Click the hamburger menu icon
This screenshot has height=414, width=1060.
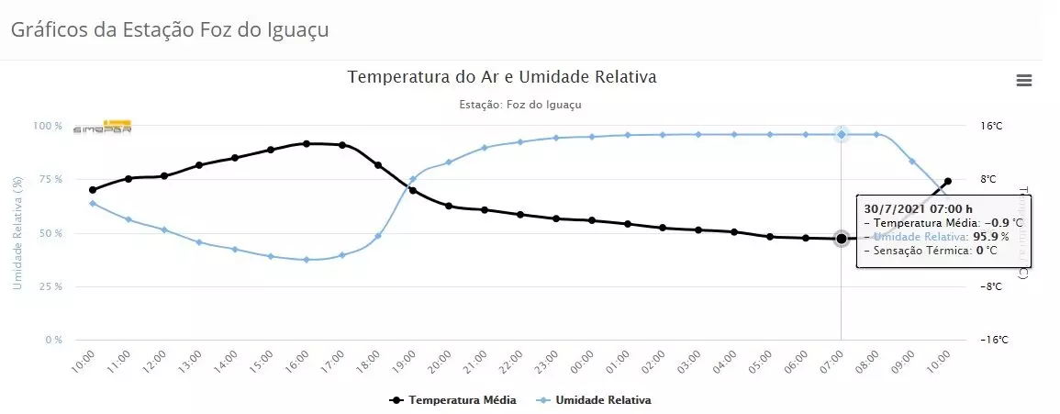click(1024, 81)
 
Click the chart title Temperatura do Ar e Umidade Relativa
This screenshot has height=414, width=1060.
click(502, 77)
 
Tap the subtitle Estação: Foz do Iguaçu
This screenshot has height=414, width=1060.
click(519, 105)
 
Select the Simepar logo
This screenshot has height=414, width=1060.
click(103, 127)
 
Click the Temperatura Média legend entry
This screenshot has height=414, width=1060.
click(453, 400)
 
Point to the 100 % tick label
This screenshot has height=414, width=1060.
click(48, 126)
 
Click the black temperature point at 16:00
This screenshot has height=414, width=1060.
click(307, 143)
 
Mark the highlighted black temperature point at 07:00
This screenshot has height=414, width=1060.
click(842, 239)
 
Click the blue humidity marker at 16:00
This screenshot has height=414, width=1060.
click(307, 260)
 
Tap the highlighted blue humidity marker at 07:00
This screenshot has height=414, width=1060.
click(842, 135)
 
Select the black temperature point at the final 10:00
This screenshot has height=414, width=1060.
click(948, 181)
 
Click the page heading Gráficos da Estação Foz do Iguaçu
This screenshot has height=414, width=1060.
click(170, 29)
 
